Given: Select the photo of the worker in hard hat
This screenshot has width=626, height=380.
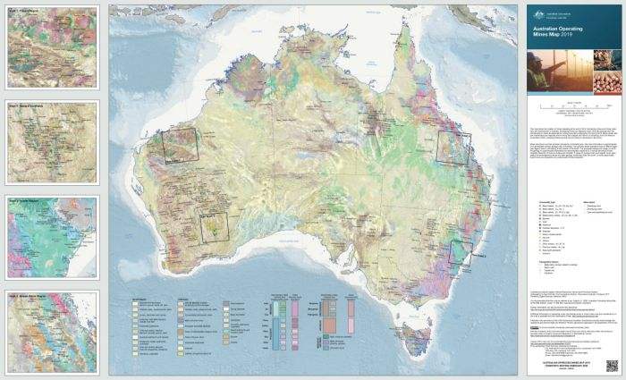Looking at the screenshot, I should click(x=546, y=74).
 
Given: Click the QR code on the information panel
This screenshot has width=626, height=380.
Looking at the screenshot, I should click(x=612, y=365).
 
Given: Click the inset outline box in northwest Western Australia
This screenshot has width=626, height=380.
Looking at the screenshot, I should click(x=180, y=146).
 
